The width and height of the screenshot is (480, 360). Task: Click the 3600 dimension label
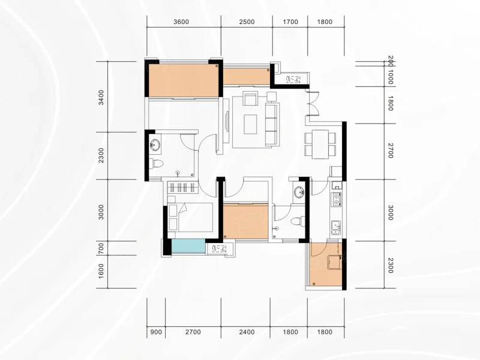pos(181,22)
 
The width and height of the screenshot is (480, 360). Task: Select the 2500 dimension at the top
pos(247,22)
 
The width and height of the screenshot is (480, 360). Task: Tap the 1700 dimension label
pos(290,22)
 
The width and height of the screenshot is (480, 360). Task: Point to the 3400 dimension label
pos(101,97)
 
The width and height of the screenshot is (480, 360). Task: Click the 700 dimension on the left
pos(101,248)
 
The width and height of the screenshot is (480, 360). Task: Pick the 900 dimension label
pos(156,332)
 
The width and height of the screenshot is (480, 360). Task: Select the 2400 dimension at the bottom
pos(247,332)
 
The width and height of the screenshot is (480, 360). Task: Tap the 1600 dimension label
pos(101,272)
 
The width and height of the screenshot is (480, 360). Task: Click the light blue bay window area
pos(188,246)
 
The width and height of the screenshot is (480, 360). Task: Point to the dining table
pos(320,145)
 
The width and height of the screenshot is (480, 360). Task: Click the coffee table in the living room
pos(250,124)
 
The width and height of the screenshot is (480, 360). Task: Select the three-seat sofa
pos(272,124)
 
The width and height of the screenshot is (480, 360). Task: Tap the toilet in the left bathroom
pos(156,163)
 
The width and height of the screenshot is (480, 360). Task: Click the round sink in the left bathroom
pos(155,145)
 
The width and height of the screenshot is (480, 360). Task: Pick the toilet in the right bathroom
pos(298,221)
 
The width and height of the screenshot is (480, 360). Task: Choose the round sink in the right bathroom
pos(299,193)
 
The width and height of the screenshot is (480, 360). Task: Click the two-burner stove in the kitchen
pos(336,199)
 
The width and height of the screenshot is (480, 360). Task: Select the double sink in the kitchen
pos(336,228)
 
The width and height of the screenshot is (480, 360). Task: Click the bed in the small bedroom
pos(190,217)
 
